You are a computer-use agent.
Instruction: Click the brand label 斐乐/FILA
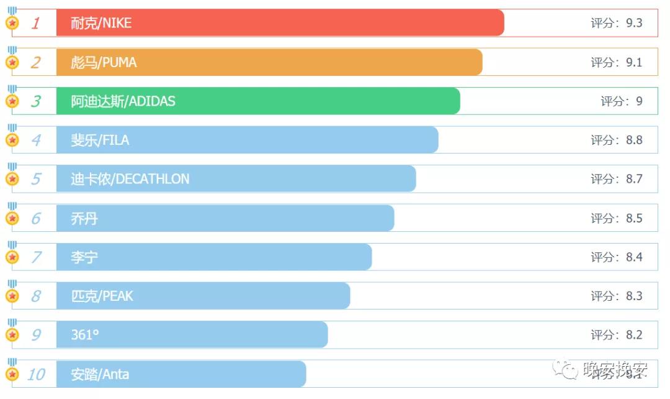pos(100,140)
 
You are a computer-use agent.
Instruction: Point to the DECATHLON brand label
pos(130,179)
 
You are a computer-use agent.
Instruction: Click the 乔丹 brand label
pos(84,218)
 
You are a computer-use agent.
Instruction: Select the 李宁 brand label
pos(84,257)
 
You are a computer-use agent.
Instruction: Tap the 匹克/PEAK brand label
pos(102,296)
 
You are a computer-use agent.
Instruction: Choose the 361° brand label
pos(85,335)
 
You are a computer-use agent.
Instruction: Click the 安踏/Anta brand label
pos(100,374)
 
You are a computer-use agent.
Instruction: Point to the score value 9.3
pos(634,23)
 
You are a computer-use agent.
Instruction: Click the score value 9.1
pos(634,62)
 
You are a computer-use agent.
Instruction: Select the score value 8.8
pos(634,140)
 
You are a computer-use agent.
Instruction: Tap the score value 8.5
pos(634,218)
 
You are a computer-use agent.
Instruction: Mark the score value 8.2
pos(634,335)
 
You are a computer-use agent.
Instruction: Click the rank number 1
pos(36,24)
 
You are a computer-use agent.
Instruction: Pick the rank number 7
pos(36,257)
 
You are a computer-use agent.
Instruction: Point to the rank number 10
pos(36,374)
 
